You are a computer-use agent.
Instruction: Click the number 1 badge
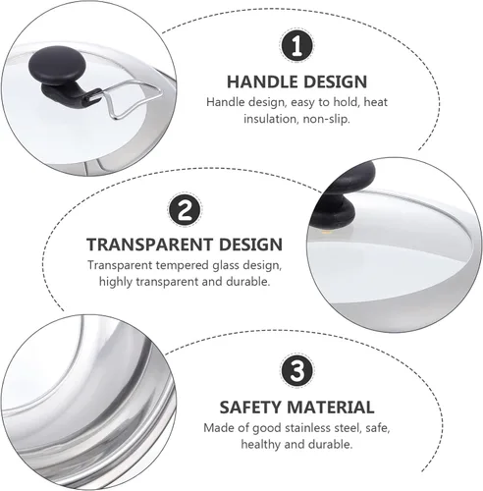point(296,46)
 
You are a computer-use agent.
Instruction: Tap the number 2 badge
point(185,209)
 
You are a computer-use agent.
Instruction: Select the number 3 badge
point(296,371)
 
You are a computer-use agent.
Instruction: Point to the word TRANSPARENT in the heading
point(150,245)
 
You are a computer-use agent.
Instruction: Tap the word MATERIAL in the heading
point(331,408)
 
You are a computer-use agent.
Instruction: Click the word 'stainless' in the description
point(307,428)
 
